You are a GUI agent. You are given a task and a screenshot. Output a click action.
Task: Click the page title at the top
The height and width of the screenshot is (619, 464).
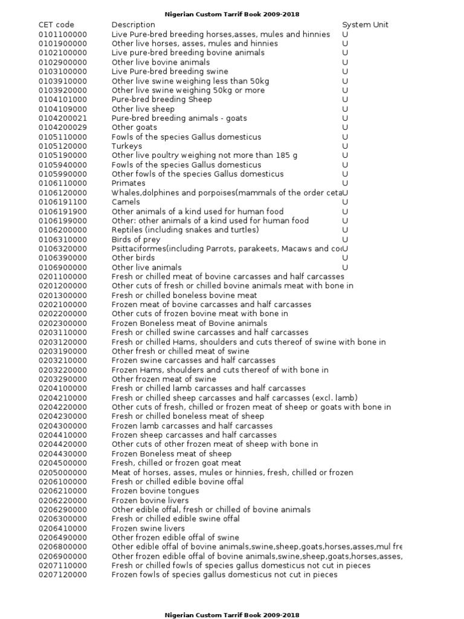pos(232,14)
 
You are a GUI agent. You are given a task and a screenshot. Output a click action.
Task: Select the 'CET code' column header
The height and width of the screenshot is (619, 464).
pos(56,25)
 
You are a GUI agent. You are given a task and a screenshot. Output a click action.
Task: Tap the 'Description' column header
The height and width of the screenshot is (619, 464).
pos(134,25)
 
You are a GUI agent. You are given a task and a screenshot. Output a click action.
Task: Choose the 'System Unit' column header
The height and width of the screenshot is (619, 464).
pos(365,25)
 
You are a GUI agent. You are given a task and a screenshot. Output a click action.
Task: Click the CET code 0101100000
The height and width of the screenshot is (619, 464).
pos(62,34)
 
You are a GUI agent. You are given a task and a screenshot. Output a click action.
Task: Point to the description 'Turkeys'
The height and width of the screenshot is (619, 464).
pos(127,146)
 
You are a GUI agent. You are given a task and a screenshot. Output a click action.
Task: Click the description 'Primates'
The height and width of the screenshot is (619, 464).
pos(128,183)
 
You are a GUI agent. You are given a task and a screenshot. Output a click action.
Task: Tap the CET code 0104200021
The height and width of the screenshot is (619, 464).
pos(62,118)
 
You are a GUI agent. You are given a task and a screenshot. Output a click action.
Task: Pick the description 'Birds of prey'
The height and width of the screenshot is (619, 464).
pos(136,239)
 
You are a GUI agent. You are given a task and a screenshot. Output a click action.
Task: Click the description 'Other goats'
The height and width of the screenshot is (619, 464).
pos(134,128)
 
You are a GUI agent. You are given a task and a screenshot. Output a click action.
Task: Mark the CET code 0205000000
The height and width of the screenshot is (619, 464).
pos(62,473)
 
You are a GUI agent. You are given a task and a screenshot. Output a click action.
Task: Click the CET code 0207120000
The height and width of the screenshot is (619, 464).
pos(62,575)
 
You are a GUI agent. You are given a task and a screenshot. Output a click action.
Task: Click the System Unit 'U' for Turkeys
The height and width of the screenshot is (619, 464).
pos(345,146)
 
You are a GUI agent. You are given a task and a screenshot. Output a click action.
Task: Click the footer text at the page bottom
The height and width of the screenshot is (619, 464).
pos(232,615)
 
